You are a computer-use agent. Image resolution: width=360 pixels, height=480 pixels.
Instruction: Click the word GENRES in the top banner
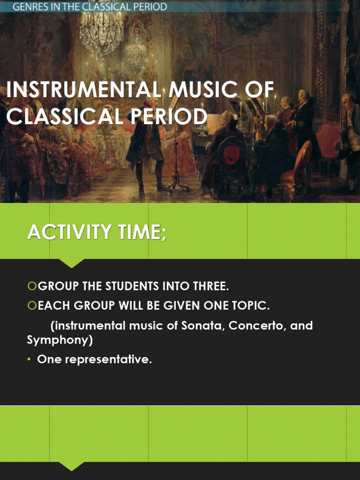29,7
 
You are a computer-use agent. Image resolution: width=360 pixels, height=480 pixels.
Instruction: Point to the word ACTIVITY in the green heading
69,232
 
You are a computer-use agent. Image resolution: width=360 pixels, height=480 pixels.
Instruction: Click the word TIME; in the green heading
141,232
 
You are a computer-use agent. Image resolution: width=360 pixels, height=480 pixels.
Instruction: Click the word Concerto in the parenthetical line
258,325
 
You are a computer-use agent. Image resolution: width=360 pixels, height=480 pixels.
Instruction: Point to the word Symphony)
60,340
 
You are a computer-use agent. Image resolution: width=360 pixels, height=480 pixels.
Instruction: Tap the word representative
107,360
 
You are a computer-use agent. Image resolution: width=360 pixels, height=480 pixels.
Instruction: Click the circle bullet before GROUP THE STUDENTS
31,286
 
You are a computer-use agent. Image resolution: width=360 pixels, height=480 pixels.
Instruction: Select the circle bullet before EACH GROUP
31,306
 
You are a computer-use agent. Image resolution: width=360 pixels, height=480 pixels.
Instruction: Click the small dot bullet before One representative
29,360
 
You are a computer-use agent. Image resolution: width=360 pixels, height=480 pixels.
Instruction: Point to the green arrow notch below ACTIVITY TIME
72,263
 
